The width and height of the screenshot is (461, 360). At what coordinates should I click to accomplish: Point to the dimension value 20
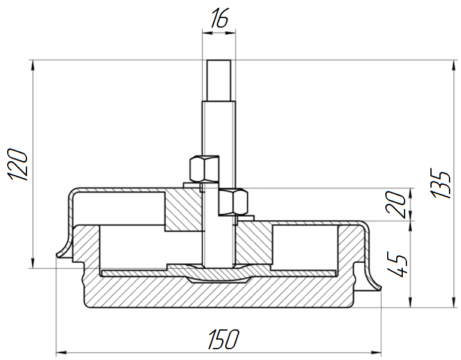(x=396, y=204)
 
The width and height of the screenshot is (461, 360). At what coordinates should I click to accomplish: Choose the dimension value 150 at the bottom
(x=223, y=340)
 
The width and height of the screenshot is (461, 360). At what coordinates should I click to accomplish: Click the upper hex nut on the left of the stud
(x=204, y=169)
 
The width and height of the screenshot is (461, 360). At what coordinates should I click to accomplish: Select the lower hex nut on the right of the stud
(x=233, y=202)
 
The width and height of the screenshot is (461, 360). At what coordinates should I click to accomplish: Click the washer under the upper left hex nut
(x=200, y=185)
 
